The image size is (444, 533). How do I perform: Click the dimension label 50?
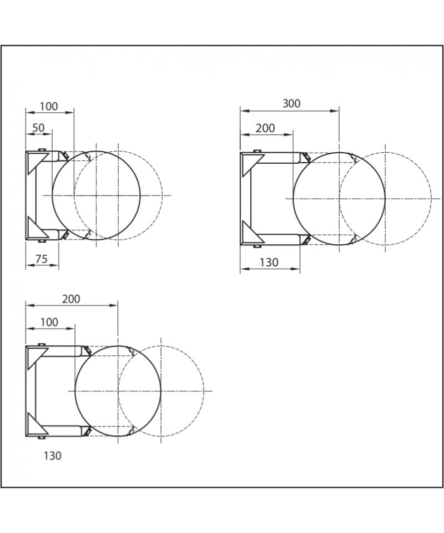coord(38,128)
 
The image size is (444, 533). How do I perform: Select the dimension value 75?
coord(42,259)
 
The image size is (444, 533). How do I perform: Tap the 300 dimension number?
coord(291,103)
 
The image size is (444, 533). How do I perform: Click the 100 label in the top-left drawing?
coord(49,107)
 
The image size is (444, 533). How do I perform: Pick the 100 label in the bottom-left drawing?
coord(49,322)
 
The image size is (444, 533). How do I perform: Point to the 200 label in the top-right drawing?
coord(265,128)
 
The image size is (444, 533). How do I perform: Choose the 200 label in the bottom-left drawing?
coord(72,299)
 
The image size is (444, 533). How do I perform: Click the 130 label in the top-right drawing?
coord(269,263)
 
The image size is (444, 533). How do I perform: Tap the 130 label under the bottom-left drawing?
coord(53,456)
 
